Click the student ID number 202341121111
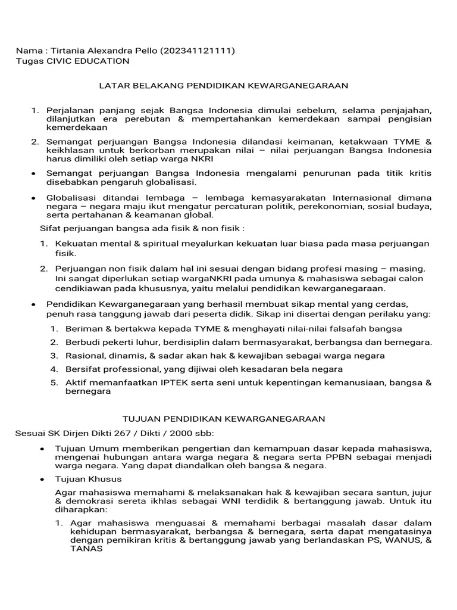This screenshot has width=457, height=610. coord(197,51)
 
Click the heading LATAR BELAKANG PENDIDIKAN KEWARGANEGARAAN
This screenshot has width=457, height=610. coord(223,86)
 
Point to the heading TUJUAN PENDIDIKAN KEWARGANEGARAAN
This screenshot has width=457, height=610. coord(224,419)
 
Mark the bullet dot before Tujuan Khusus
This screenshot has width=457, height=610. coord(42,480)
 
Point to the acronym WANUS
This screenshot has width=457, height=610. coord(401,541)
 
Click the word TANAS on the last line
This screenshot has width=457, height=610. coord(68,549)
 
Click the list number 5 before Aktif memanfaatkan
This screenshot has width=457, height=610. coord(54,382)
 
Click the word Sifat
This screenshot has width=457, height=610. coord(51,228)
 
